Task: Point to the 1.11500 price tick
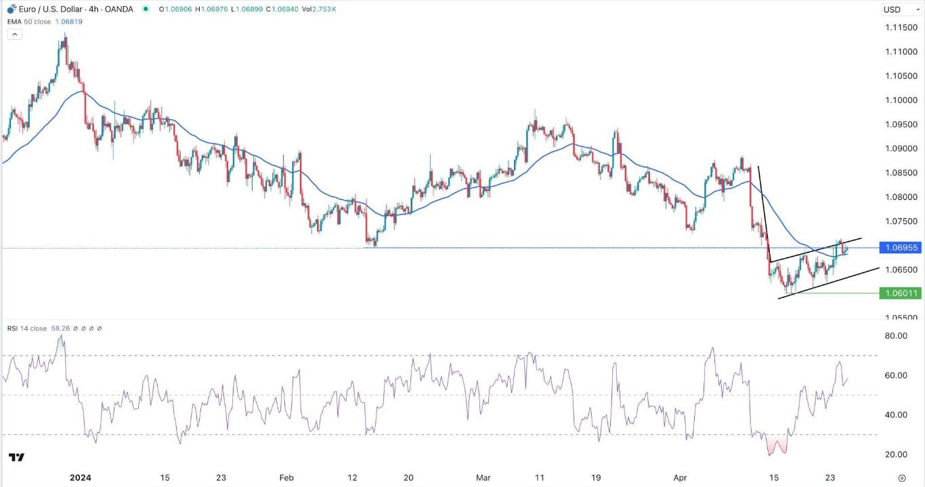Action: pyautogui.click(x=901, y=28)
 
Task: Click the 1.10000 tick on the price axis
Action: pyautogui.click(x=901, y=100)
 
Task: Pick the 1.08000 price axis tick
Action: pyautogui.click(x=901, y=197)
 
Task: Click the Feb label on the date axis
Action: pyautogui.click(x=286, y=478)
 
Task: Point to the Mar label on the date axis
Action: pyautogui.click(x=483, y=478)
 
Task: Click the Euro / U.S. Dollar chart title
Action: pyautogui.click(x=74, y=9)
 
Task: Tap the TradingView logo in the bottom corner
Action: pyautogui.click(x=18, y=458)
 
